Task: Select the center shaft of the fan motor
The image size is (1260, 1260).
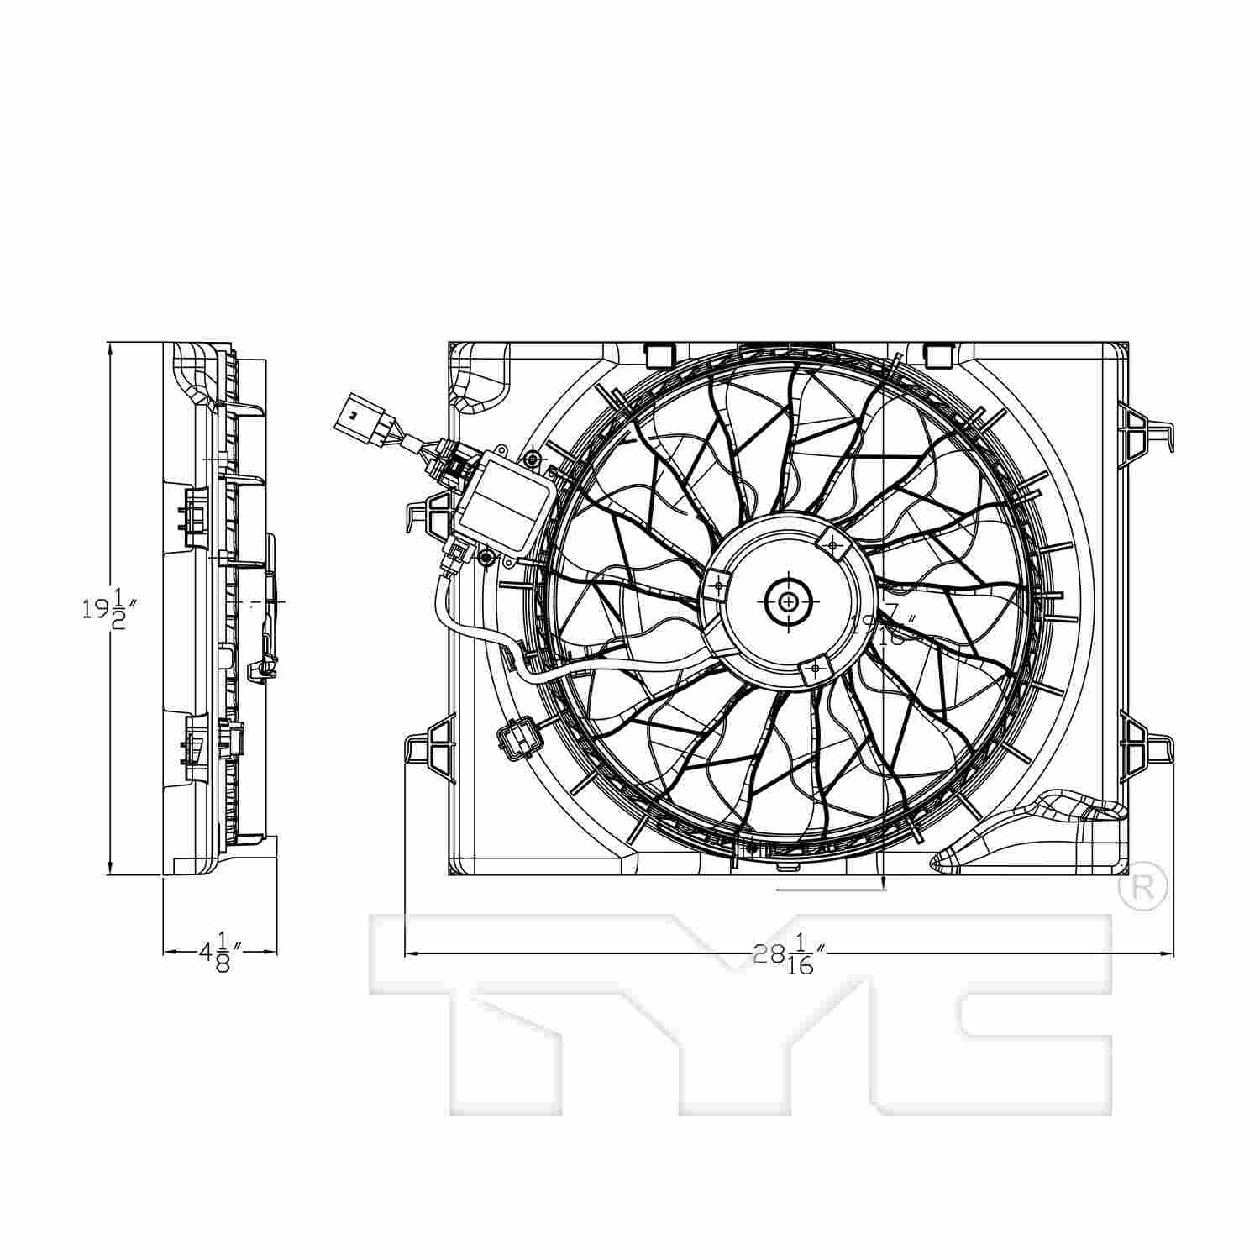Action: (790, 601)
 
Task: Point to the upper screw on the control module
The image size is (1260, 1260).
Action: (532, 458)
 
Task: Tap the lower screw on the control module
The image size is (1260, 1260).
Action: (486, 556)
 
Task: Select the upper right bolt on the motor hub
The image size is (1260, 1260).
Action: (833, 545)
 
